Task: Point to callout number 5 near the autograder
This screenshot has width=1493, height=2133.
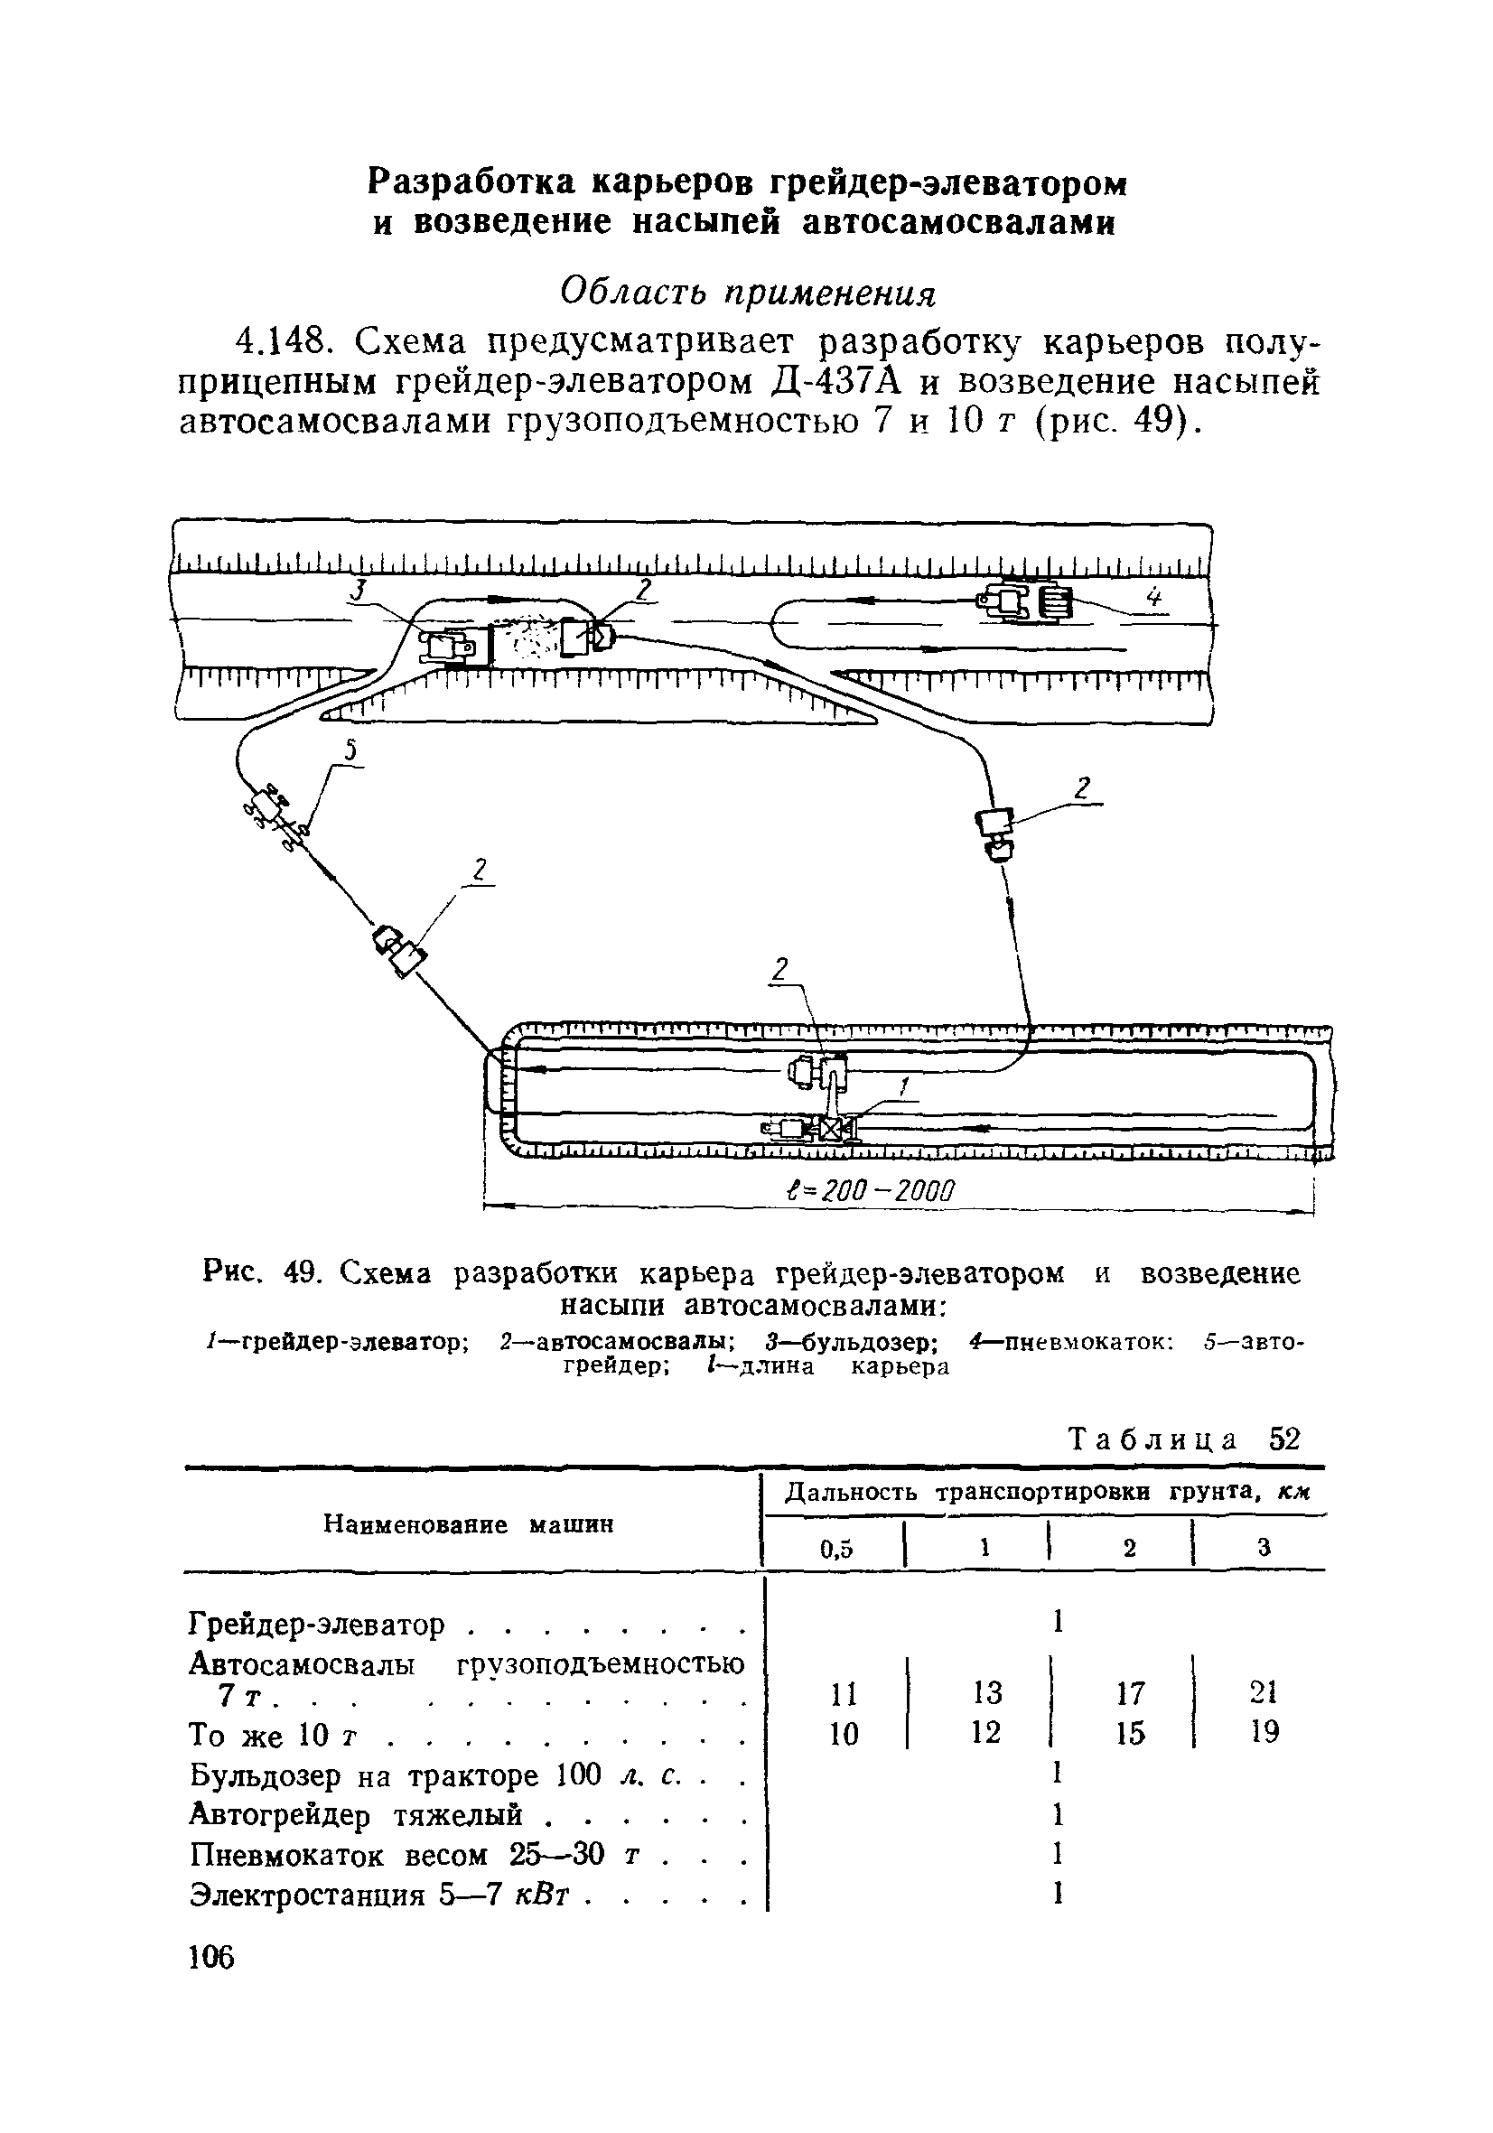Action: click(350, 751)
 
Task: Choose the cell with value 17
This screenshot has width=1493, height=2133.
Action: click(1130, 1692)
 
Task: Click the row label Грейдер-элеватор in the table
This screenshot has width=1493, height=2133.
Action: click(317, 1625)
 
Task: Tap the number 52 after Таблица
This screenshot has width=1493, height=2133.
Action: click(1284, 1439)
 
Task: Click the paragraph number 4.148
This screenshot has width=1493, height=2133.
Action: click(286, 343)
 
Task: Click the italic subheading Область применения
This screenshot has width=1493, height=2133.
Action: click(748, 293)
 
